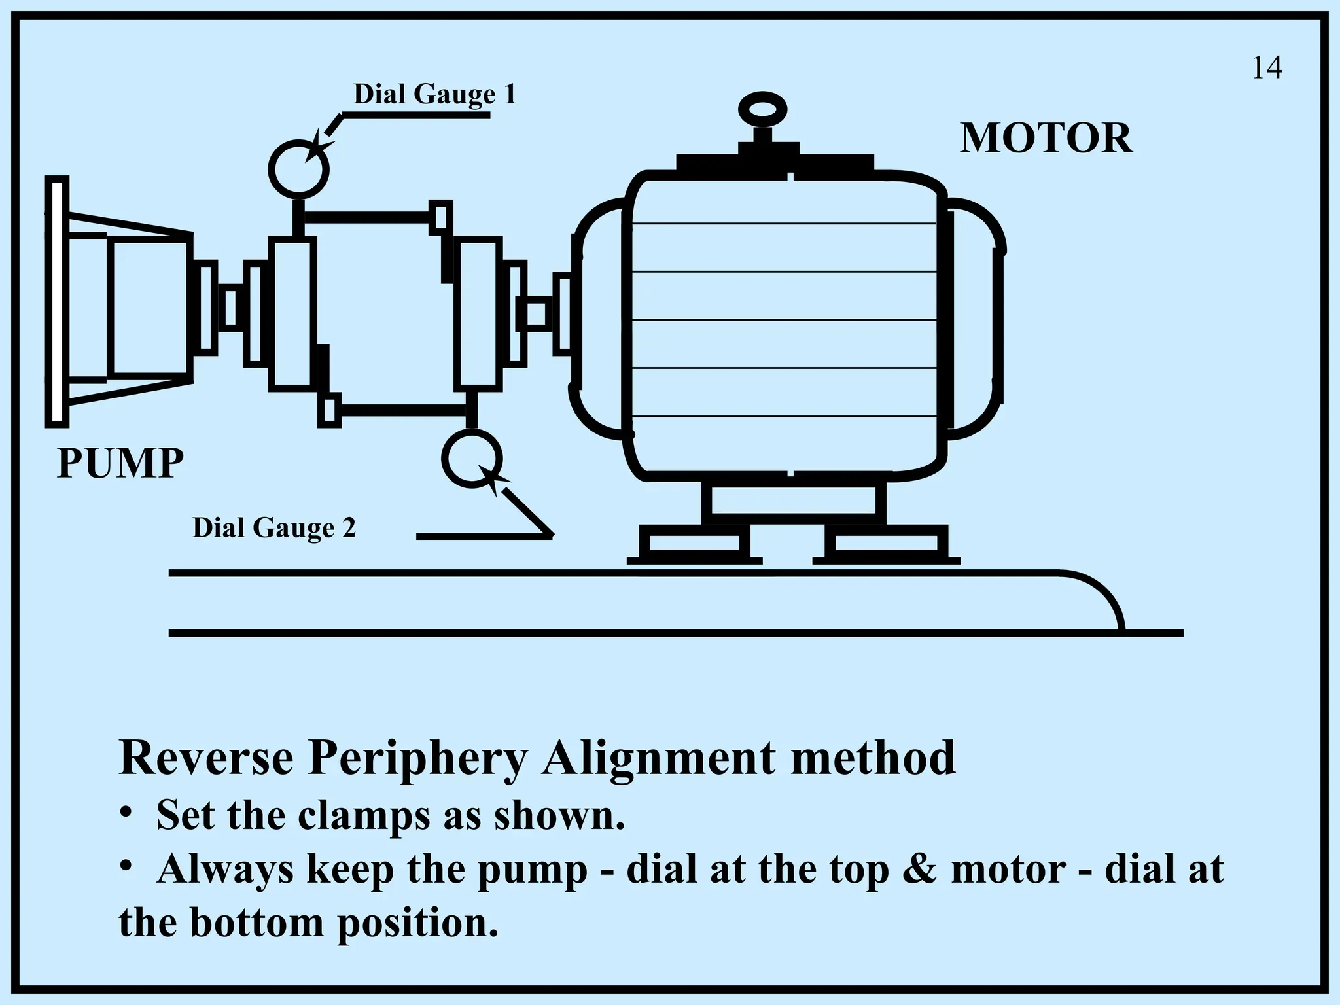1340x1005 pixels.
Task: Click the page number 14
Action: click(1267, 68)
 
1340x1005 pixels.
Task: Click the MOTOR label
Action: click(1046, 139)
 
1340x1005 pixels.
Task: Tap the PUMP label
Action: click(120, 463)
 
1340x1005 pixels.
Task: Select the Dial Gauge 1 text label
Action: click(434, 94)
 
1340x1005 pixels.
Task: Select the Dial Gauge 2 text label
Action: click(274, 527)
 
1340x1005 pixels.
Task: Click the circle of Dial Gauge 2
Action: click(472, 458)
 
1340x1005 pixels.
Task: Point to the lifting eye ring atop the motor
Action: click(762, 109)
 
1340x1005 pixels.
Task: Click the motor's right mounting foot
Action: click(887, 543)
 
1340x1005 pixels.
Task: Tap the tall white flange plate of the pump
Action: click(57, 302)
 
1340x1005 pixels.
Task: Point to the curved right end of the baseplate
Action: click(1106, 595)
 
